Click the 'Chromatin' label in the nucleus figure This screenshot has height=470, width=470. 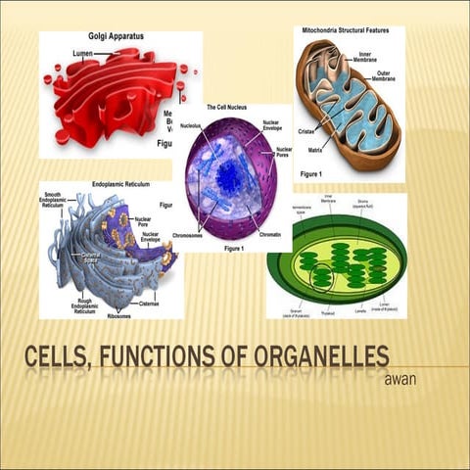click(271, 235)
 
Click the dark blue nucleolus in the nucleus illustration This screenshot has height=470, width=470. click(228, 177)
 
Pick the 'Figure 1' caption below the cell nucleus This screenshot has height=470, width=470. click(233, 249)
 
